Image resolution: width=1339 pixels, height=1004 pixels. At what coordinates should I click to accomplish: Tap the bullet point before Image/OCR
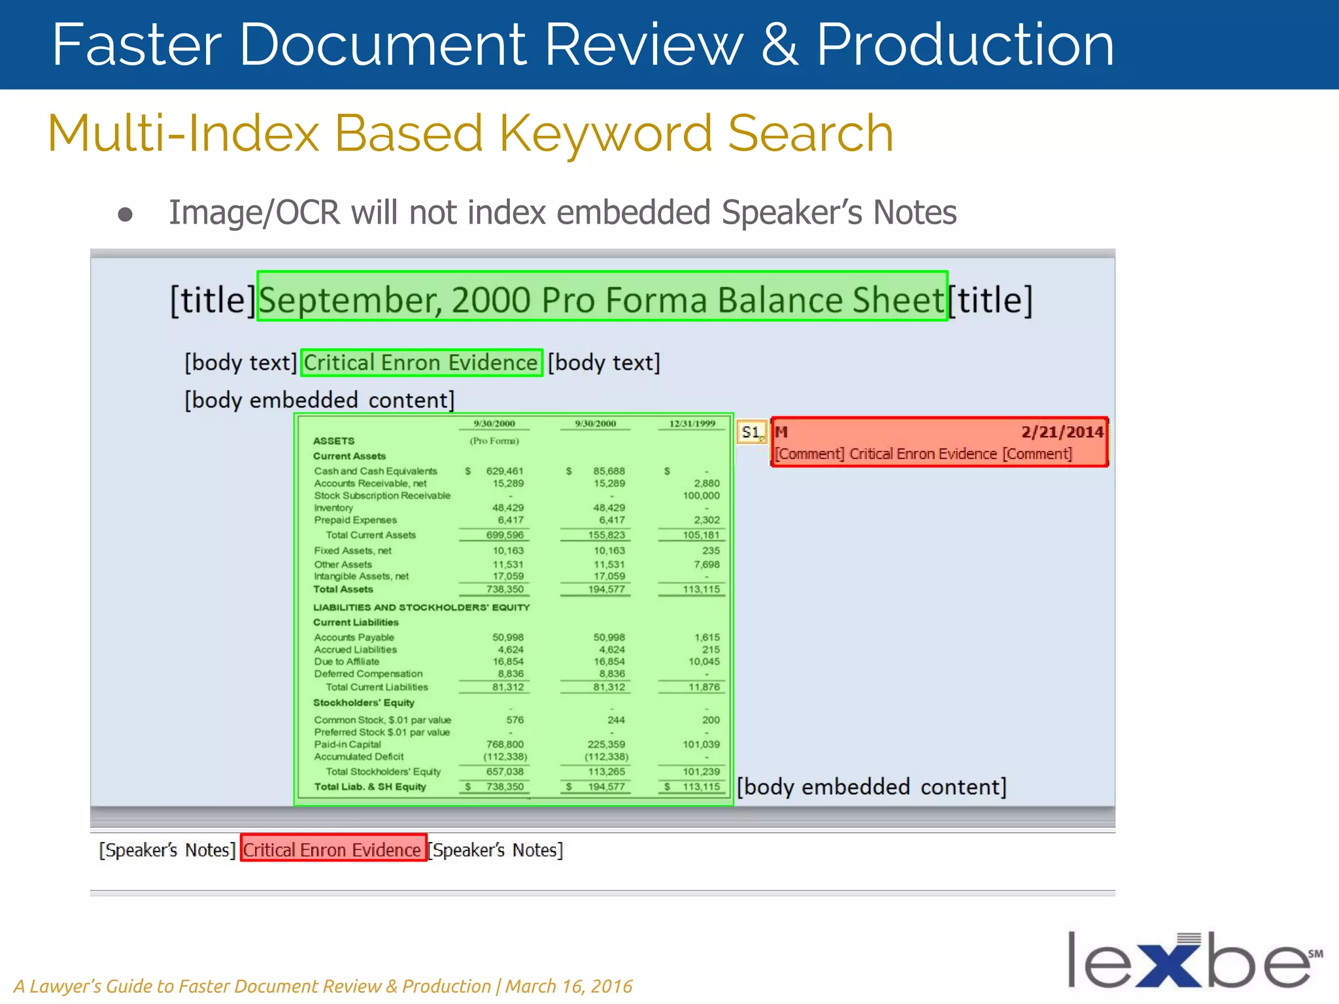pos(125,214)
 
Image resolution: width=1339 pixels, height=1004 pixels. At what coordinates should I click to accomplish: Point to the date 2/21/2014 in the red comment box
pos(1062,432)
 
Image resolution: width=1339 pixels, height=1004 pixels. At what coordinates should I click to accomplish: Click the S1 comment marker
pos(751,432)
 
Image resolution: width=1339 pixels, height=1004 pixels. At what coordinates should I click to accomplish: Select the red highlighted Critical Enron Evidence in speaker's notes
pos(332,850)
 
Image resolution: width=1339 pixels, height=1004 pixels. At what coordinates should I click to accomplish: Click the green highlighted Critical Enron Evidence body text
pos(420,363)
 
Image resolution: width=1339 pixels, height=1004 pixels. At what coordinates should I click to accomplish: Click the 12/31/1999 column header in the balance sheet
pos(692,424)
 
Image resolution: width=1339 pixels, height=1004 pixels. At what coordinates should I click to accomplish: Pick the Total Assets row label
pos(343,590)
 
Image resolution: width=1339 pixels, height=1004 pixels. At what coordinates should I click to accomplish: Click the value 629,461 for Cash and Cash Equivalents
pos(505,471)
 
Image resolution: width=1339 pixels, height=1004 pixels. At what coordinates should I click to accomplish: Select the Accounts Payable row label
pos(354,637)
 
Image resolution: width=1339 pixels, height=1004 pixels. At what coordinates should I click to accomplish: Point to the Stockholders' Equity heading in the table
pos(364,703)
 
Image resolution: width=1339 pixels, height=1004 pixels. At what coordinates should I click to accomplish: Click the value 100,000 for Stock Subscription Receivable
pos(701,495)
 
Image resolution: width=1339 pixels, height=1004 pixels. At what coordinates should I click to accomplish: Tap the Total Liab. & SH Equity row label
pos(370,787)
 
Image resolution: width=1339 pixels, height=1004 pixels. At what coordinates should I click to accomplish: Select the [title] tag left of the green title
pos(212,300)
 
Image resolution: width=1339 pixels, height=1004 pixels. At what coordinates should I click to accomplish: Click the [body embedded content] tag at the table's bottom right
pos(872,787)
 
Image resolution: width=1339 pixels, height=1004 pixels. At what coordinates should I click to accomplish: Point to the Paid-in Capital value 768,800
pos(505,745)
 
